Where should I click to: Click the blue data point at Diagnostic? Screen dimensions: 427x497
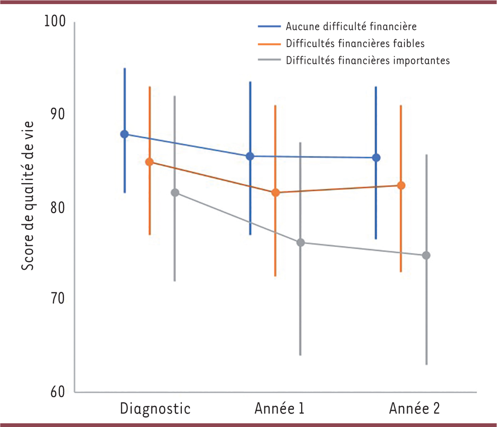click(124, 134)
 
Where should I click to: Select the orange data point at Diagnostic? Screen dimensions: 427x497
click(150, 162)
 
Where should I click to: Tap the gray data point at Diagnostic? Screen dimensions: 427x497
click(175, 193)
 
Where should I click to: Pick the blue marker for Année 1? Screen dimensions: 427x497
click(250, 156)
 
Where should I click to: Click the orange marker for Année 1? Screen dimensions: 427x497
click(275, 193)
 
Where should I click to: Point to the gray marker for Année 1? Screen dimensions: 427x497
click(301, 242)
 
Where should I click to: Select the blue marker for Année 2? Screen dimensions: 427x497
click(376, 158)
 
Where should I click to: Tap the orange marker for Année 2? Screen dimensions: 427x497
click(401, 186)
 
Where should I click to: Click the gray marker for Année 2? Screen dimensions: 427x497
click(426, 256)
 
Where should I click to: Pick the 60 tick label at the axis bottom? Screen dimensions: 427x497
click(57, 392)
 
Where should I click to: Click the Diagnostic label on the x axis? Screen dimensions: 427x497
click(156, 408)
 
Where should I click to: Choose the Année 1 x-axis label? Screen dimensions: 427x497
click(280, 408)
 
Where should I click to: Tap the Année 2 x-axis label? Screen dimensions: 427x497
click(414, 408)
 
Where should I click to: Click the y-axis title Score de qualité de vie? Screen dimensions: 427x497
click(28, 196)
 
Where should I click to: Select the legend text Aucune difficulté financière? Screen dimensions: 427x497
click(350, 27)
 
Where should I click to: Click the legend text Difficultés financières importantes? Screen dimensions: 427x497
click(367, 60)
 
